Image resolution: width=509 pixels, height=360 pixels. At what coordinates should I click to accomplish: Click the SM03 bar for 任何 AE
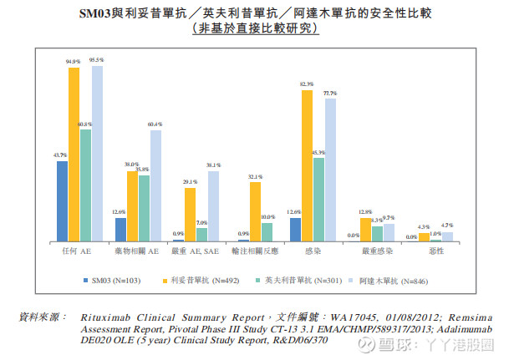pos(62,201)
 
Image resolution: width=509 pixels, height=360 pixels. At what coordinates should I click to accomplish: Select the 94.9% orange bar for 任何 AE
pos(74,155)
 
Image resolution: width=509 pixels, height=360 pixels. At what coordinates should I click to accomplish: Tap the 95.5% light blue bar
pos(97,154)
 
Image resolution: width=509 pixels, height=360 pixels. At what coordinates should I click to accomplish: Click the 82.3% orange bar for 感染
pos(306,166)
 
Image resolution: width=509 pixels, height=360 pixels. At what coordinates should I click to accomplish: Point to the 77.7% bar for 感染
pos(329,170)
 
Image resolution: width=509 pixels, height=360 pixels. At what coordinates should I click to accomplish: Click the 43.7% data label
pos(60,155)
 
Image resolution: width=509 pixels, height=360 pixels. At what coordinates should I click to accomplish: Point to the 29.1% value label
pos(190,182)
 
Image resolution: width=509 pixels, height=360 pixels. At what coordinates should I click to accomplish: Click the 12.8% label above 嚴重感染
pos(364,212)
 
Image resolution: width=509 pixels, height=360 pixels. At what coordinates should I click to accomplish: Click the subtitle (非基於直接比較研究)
pos(255,29)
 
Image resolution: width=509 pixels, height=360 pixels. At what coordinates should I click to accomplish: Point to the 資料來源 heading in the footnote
pos(42,317)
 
